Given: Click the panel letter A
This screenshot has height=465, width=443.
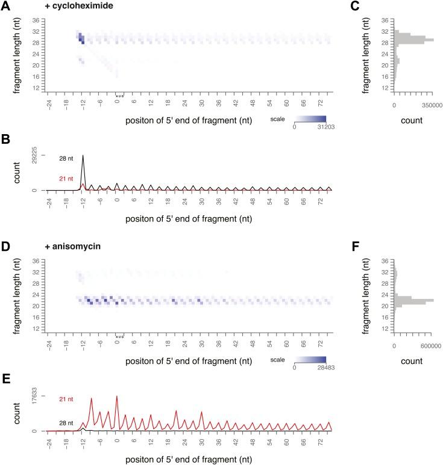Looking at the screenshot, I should (5, 7).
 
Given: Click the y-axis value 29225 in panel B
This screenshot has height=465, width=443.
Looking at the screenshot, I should (34, 156).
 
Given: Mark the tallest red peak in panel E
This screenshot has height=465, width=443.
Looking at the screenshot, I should (116, 396).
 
